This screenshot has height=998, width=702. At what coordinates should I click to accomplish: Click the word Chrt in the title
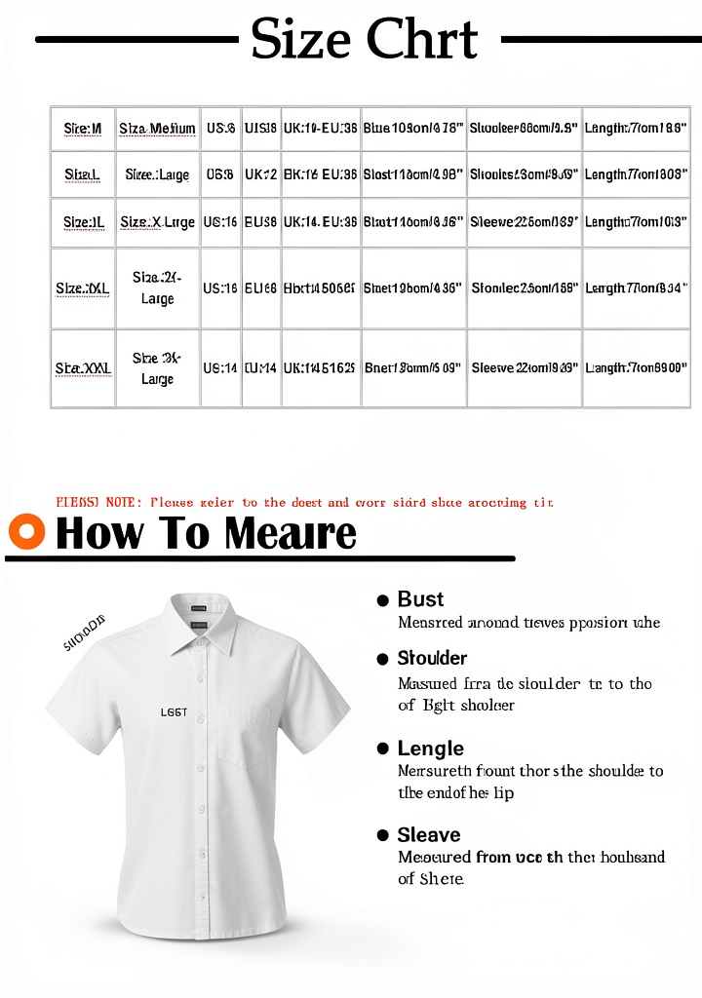(x=421, y=40)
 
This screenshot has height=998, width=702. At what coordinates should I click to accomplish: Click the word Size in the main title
(x=300, y=40)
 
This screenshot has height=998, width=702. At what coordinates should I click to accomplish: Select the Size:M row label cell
(x=83, y=129)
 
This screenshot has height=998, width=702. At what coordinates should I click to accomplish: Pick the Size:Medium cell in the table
(x=157, y=129)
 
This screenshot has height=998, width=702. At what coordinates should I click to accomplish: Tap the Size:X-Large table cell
(x=157, y=223)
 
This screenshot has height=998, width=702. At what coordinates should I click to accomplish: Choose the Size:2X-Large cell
(x=157, y=288)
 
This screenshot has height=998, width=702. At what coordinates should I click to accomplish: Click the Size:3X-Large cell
(x=157, y=368)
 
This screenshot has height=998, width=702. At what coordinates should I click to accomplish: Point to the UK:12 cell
(x=260, y=175)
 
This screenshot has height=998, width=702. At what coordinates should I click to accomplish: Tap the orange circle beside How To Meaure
(x=26, y=532)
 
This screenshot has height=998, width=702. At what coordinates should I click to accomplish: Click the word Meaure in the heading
(x=290, y=533)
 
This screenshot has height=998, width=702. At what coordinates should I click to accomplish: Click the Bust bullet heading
(x=420, y=599)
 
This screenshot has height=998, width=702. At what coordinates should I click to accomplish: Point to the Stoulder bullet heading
(x=432, y=658)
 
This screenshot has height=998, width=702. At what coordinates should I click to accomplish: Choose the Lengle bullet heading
(x=430, y=748)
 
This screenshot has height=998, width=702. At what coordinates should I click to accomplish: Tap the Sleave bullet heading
(x=428, y=835)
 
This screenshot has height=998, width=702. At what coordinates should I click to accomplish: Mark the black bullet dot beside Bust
(x=383, y=600)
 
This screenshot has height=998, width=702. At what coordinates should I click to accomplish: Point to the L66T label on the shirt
(x=174, y=712)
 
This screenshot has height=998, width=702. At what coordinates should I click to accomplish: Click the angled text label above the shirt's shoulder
(x=84, y=633)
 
